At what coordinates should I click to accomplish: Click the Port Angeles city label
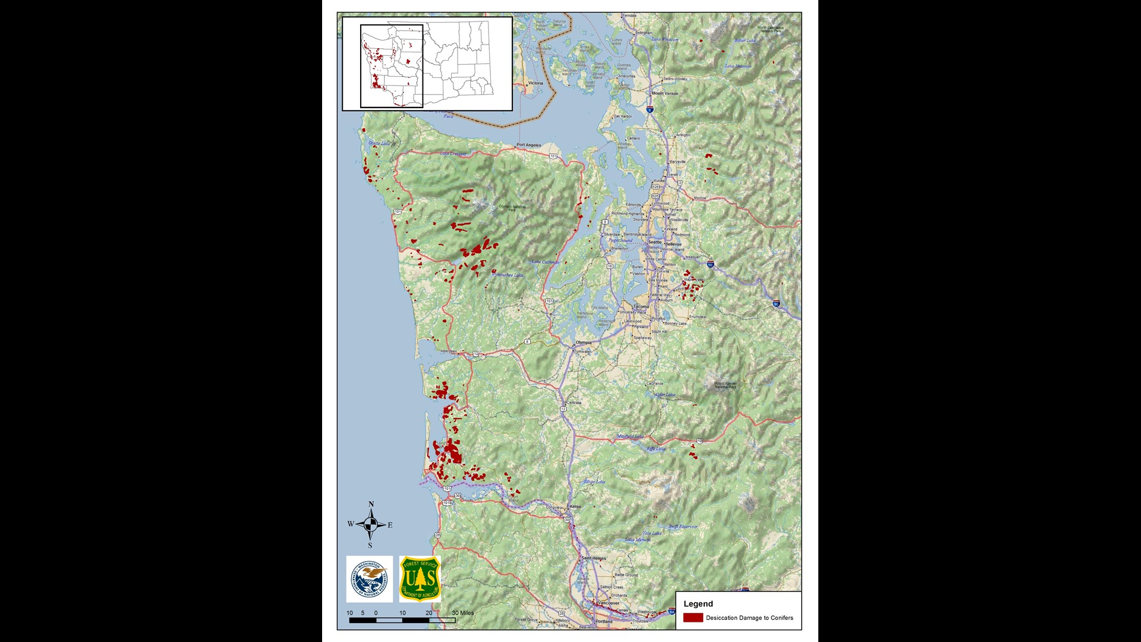click(528, 145)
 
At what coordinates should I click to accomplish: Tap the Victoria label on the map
click(535, 83)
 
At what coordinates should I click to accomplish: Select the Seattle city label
click(655, 242)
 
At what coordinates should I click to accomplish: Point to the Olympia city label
click(584, 342)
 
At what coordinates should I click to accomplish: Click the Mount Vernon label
click(665, 93)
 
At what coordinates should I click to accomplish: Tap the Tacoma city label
click(641, 307)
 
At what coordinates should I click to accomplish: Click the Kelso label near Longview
click(575, 506)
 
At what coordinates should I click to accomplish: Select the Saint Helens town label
click(594, 558)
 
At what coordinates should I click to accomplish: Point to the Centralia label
click(574, 402)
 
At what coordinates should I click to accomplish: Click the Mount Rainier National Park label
click(725, 385)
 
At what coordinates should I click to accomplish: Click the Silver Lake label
click(594, 481)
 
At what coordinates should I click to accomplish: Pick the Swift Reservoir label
click(683, 527)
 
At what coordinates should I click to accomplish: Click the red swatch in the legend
click(693, 618)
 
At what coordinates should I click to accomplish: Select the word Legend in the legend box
click(698, 604)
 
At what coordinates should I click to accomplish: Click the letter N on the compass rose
click(371, 504)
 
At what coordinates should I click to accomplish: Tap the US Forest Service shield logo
click(420, 578)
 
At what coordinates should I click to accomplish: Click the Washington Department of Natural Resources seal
click(370, 579)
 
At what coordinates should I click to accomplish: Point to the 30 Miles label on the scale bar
click(463, 613)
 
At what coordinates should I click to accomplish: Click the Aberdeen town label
click(449, 351)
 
